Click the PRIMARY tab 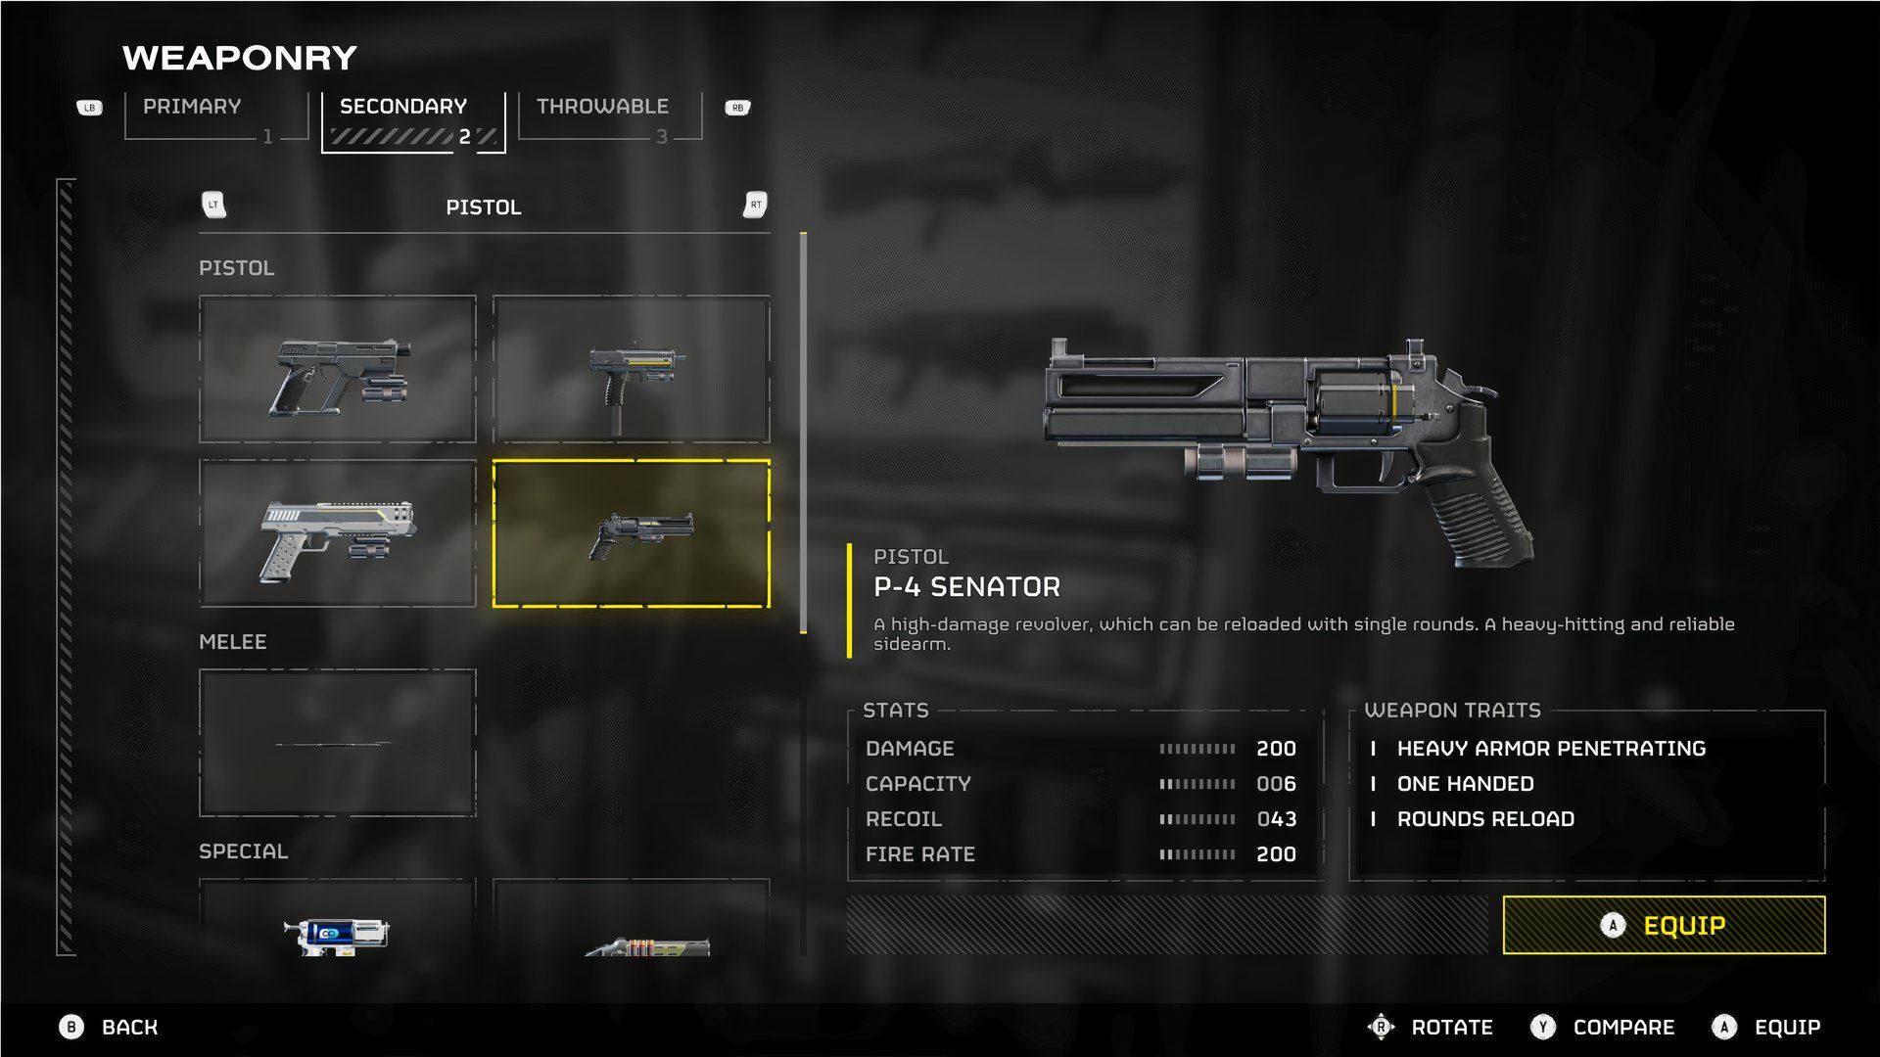(192, 107)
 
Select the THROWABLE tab (602, 107)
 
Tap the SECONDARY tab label (403, 107)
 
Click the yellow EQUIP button (1664, 925)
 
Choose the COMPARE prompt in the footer (1622, 1028)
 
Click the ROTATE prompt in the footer (1451, 1028)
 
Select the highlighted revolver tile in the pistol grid (632, 533)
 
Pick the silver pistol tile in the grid (338, 533)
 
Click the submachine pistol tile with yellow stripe (632, 369)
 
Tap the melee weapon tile (338, 743)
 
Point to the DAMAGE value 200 (1276, 749)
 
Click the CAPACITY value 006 (1276, 784)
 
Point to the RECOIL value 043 (1276, 819)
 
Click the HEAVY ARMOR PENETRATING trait (1551, 749)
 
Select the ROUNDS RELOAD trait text (1485, 819)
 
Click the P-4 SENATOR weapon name (966, 587)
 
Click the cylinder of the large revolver (1356, 403)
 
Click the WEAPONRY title (240, 58)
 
